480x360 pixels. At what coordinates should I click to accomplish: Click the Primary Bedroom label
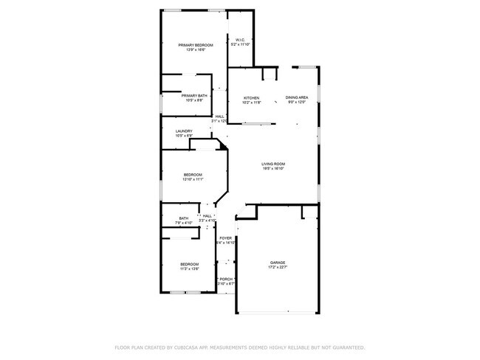click(196, 45)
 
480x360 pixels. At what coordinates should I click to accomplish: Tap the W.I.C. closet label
click(240, 40)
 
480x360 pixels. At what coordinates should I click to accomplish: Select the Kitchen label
click(252, 98)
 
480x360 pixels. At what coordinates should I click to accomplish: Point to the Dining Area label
click(297, 98)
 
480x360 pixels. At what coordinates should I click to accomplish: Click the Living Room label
click(273, 164)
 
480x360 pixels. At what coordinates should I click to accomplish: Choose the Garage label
click(278, 263)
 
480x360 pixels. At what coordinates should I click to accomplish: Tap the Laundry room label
click(184, 131)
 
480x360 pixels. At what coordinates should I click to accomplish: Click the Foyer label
click(225, 238)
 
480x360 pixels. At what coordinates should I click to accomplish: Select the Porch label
click(226, 279)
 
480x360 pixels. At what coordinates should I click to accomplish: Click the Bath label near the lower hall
click(183, 218)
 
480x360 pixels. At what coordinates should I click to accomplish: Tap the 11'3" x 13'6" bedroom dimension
click(190, 269)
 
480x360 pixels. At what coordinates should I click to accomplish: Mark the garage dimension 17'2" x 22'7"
click(278, 268)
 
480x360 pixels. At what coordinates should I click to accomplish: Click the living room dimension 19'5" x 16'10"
click(273, 169)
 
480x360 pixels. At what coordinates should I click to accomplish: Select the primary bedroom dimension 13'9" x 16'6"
click(196, 50)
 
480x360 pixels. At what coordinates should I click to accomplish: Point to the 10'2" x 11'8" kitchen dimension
click(252, 103)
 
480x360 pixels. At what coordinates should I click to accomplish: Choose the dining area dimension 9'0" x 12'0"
click(297, 103)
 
